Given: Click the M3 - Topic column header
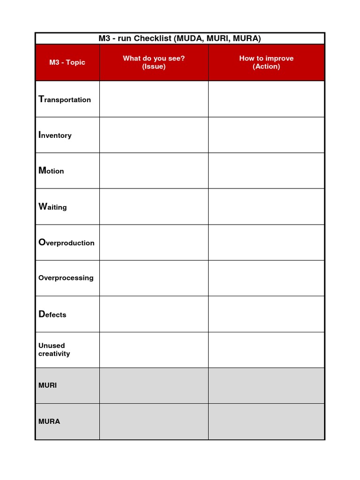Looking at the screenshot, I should (67, 62).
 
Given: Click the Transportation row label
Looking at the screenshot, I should (65, 99).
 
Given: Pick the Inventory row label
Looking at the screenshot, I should (55, 135).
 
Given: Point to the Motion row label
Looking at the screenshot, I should (51, 171).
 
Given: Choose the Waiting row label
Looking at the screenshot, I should (52, 207).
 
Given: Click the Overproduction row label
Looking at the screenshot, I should (66, 242).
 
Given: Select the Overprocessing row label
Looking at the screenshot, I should (66, 278).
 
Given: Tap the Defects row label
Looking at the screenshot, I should (52, 315).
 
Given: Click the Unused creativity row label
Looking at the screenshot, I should (54, 350).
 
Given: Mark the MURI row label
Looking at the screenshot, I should (47, 385).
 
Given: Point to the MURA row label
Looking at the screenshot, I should (49, 421).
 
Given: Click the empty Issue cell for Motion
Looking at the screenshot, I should (154, 171).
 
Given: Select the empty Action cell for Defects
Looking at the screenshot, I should (266, 314).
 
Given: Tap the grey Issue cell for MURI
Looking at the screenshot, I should (154, 385).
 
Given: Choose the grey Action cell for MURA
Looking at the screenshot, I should (266, 421).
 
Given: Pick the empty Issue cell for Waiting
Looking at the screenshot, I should (154, 206).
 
